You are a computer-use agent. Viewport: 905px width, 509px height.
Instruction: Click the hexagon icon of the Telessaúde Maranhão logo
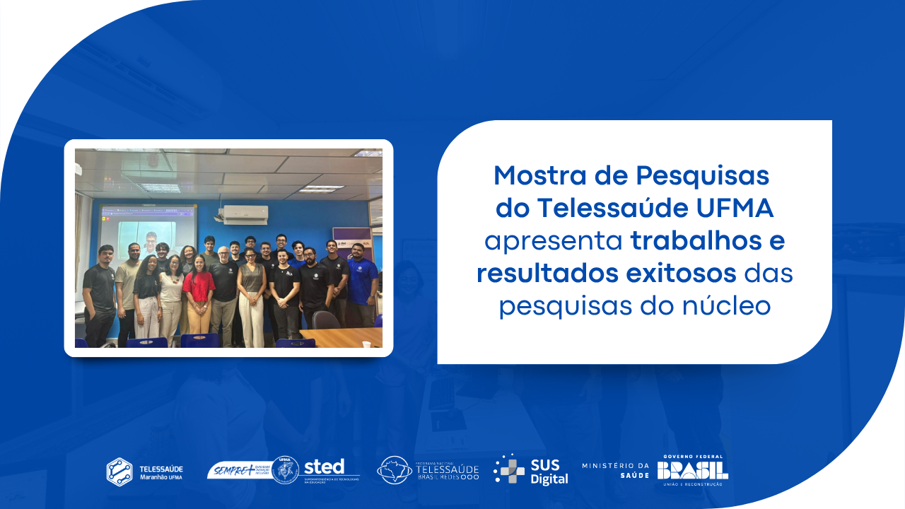click(119, 472)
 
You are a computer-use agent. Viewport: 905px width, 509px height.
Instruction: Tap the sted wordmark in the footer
click(324, 467)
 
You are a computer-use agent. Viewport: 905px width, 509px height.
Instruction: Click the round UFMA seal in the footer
click(285, 470)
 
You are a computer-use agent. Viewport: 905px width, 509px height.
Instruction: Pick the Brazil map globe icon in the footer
click(394, 470)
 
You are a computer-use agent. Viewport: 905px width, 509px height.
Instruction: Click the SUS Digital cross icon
click(509, 469)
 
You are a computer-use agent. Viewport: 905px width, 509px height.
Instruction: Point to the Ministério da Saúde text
click(615, 469)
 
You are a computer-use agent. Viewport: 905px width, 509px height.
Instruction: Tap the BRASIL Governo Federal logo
click(692, 470)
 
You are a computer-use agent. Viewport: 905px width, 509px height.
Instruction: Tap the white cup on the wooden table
click(366, 344)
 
